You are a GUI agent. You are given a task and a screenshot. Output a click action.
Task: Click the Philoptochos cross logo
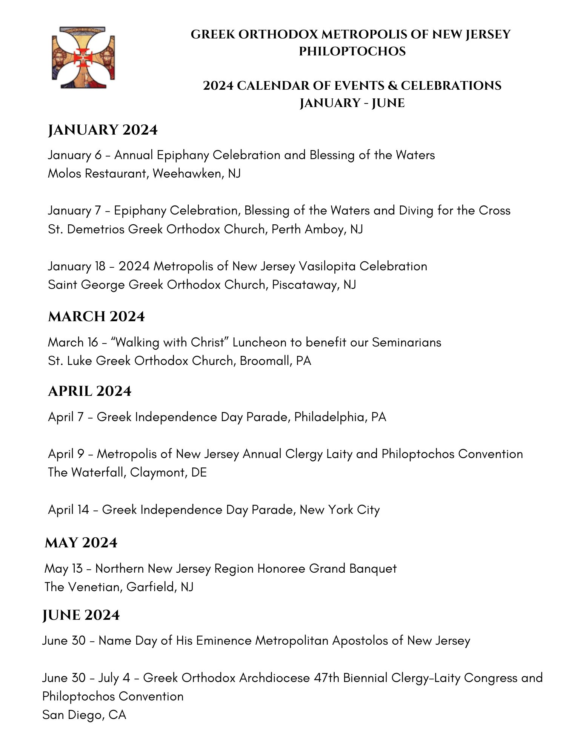tap(83, 58)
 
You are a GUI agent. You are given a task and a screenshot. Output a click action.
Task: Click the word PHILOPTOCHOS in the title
tap(352, 51)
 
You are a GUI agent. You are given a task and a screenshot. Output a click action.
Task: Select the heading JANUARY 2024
tap(103, 130)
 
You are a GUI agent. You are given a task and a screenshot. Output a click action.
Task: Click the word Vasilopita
tap(327, 266)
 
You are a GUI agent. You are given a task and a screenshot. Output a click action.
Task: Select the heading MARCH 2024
tap(96, 317)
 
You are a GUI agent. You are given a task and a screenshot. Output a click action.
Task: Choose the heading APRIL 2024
tap(89, 391)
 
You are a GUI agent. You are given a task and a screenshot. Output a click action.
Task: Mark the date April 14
tap(68, 510)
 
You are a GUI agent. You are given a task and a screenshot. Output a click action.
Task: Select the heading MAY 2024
tap(81, 543)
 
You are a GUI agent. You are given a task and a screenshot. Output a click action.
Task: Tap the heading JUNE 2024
tap(81, 615)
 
